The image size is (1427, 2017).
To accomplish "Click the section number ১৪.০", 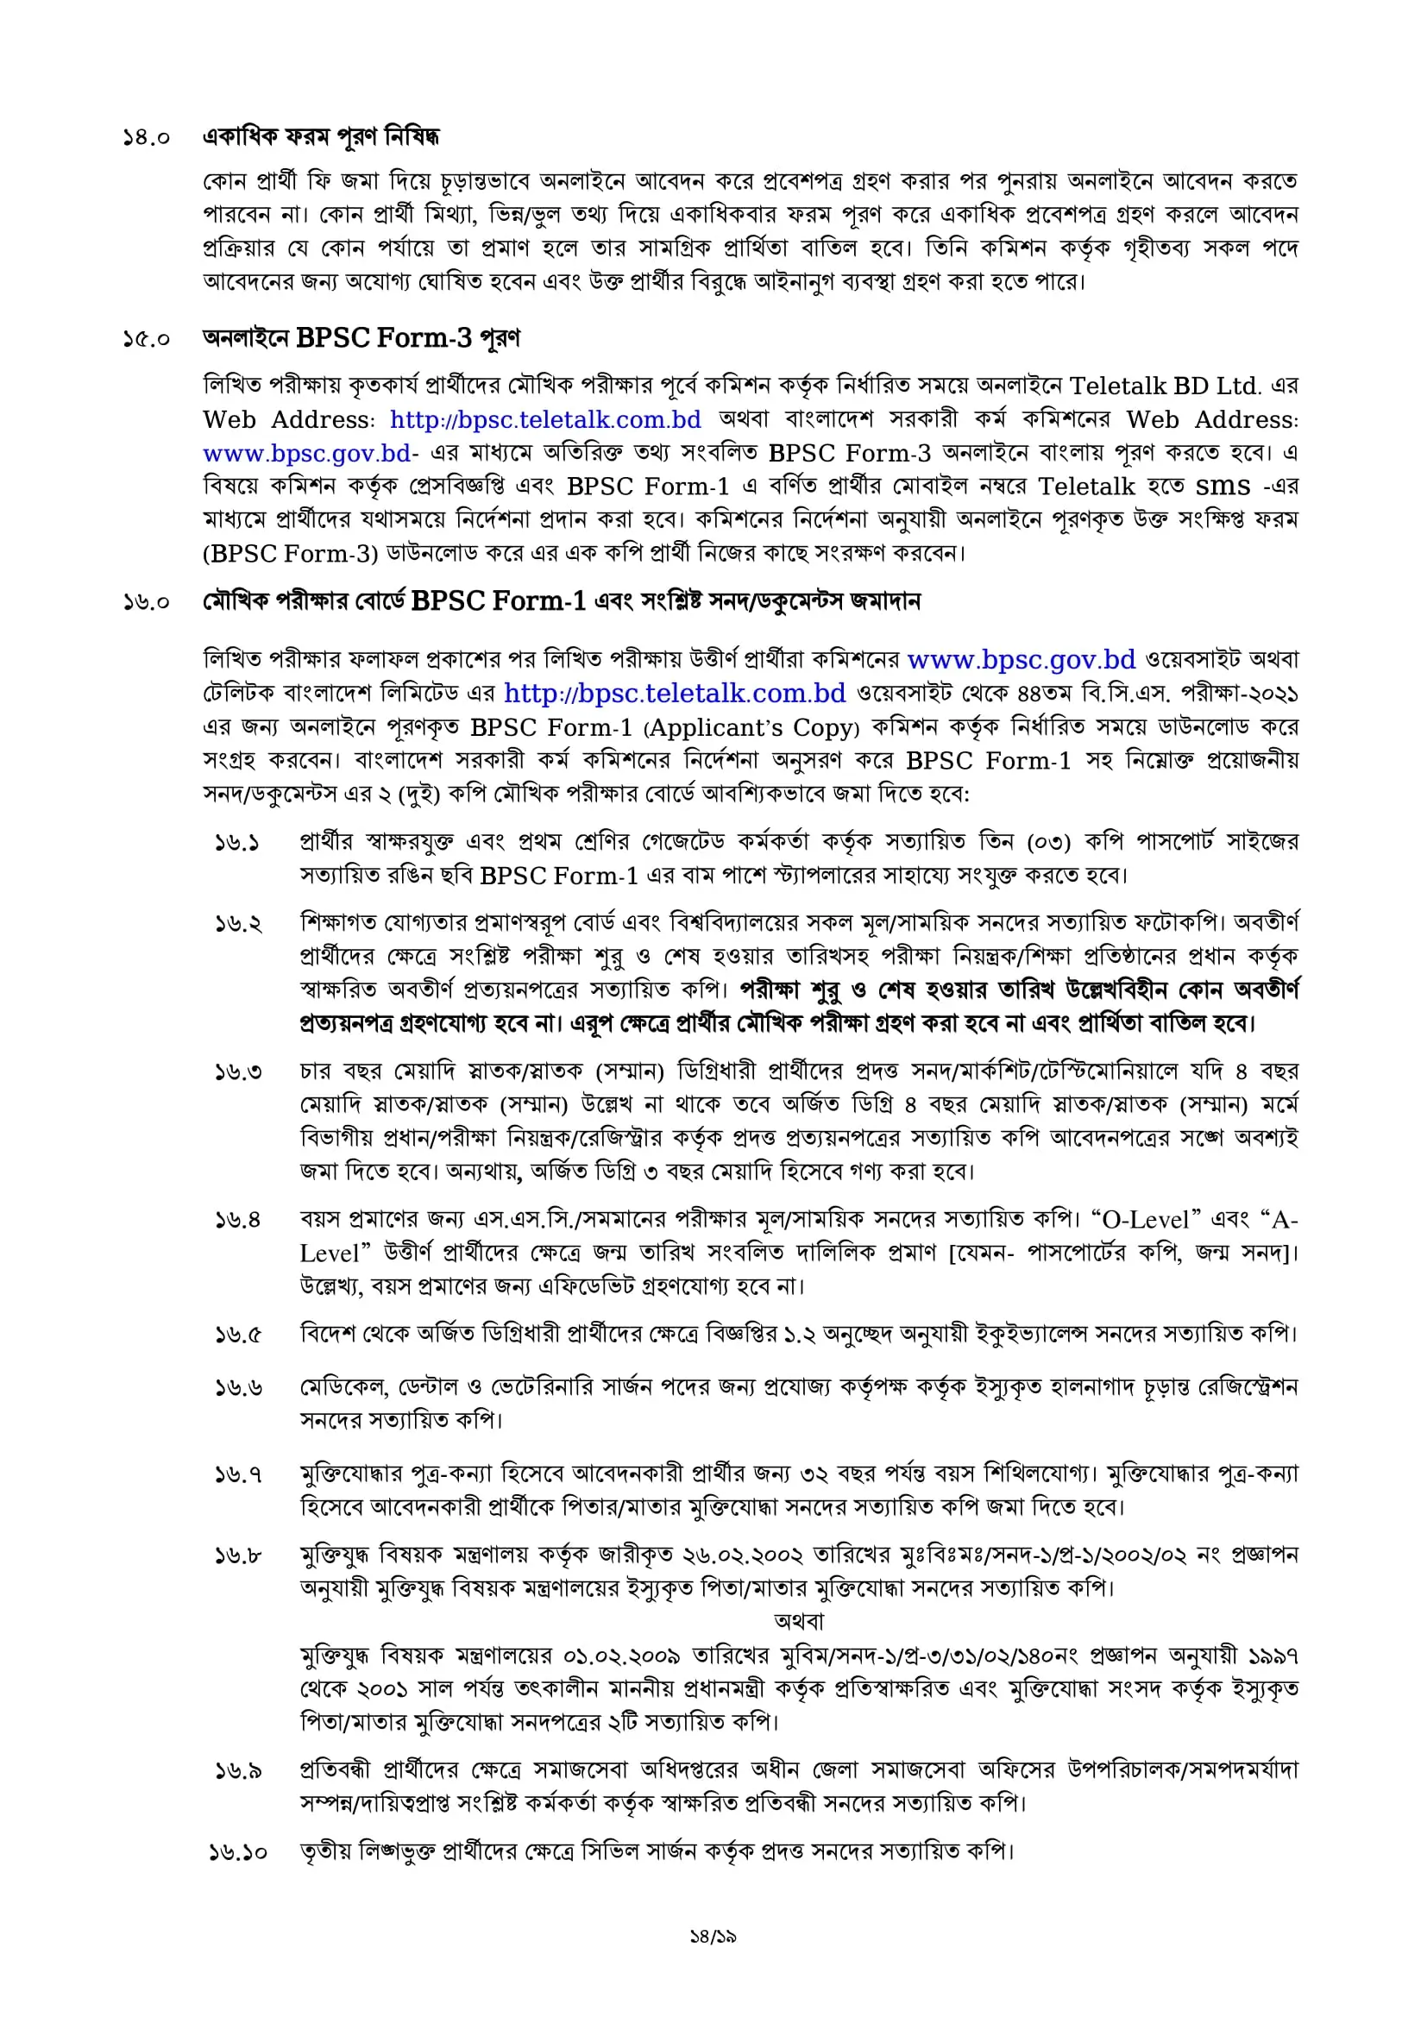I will pos(146,138).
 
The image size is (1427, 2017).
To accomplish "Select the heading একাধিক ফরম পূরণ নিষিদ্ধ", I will pos(321,137).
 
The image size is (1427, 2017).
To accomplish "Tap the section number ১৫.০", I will pos(146,339).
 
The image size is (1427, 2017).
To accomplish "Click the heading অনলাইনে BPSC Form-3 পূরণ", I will pos(361,338).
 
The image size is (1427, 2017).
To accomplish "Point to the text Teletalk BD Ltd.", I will pos(1164,386).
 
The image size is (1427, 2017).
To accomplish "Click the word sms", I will pos(1223,486).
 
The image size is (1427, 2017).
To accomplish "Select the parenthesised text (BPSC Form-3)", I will pos(291,554).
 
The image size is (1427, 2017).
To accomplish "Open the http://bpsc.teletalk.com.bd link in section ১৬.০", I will pos(674,693).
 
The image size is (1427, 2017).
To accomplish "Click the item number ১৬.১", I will pos(237,843).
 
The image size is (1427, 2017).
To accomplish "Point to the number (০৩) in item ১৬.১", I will pos(1048,843).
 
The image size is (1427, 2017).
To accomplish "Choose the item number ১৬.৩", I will pos(238,1071).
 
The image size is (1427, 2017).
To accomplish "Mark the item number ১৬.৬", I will pos(238,1388).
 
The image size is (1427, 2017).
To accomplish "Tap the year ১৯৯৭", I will pos(1272,1656).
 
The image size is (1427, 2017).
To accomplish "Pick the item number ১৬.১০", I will pos(238,1852).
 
